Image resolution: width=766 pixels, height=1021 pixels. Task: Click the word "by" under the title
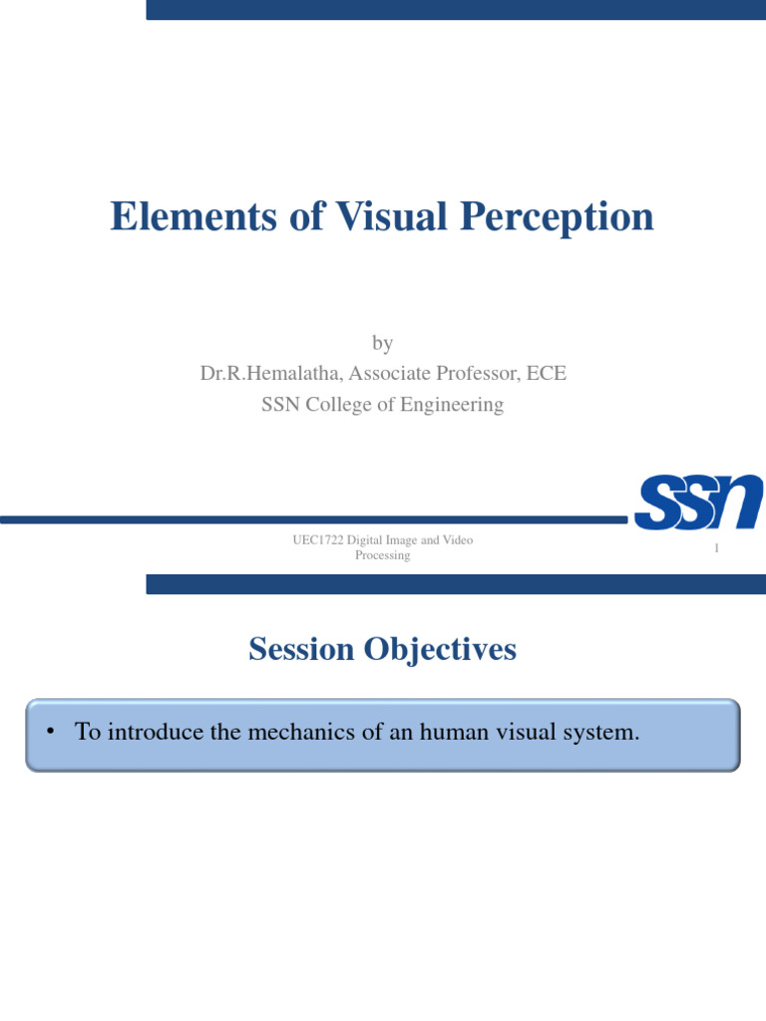(x=383, y=344)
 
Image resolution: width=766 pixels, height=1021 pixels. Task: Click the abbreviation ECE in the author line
(x=546, y=374)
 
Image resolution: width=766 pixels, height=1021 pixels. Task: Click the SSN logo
(x=698, y=502)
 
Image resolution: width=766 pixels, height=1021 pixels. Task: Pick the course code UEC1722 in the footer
(x=316, y=540)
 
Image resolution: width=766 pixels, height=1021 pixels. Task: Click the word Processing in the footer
(x=383, y=555)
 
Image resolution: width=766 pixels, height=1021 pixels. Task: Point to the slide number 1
(x=716, y=549)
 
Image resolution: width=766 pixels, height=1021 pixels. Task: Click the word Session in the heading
(x=301, y=650)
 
